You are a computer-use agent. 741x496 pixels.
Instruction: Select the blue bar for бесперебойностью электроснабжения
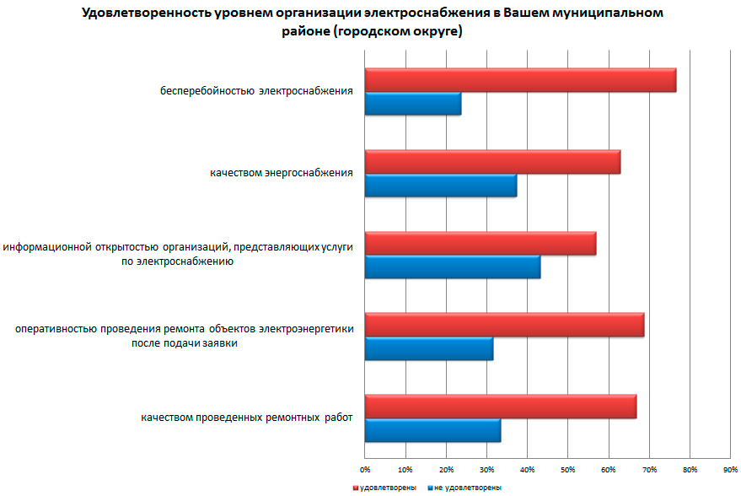[413, 104]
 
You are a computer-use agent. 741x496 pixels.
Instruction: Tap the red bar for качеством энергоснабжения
[492, 162]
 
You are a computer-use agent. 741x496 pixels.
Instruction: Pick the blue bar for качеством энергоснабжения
[441, 185]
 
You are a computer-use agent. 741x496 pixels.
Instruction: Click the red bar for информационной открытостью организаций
[481, 243]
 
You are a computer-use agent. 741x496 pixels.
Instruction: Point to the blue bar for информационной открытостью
[453, 267]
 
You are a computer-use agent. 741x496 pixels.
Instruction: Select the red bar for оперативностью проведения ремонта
[504, 325]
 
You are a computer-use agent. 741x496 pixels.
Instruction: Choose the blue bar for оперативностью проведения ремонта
[429, 348]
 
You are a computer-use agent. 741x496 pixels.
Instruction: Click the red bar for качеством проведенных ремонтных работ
[501, 407]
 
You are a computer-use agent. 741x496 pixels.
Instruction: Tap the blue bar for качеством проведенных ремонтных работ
[432, 430]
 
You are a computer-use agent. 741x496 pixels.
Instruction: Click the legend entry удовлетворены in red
[380, 488]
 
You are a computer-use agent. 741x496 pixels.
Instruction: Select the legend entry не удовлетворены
[466, 488]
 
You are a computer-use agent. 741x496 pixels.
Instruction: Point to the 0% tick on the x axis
[365, 469]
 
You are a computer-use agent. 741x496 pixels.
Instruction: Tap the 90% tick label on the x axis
[731, 469]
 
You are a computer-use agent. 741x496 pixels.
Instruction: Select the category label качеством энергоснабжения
[282, 173]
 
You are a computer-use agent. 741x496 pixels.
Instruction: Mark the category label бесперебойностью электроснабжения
[256, 91]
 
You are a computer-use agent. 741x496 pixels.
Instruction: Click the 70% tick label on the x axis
[649, 469]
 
